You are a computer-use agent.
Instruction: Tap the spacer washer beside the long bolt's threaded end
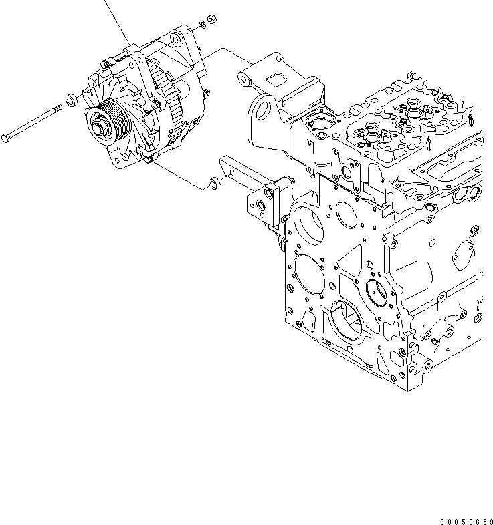tap(70, 101)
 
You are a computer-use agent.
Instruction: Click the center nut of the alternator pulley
tap(100, 124)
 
